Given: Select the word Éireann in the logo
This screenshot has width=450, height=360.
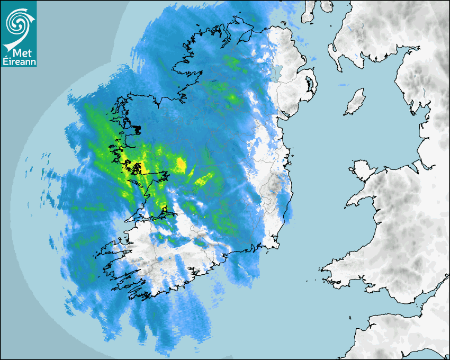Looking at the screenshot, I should pos(19,63).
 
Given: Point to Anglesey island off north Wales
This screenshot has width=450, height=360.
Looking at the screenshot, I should pos(362,169).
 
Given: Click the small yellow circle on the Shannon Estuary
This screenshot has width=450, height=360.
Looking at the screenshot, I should pos(165,210).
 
